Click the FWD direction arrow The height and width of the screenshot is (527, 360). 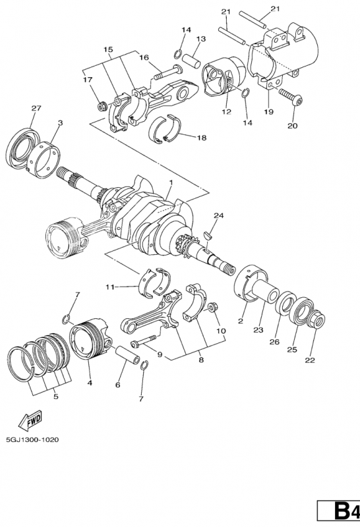coord(30,420)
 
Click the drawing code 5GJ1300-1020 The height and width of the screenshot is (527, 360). coord(32,439)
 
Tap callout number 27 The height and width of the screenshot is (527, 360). coord(36,108)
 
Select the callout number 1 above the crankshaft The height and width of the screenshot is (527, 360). coord(171,182)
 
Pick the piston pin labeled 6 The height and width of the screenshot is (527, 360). coord(128,354)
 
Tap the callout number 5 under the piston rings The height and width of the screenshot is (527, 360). coord(56,397)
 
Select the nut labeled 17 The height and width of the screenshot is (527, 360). coord(102,107)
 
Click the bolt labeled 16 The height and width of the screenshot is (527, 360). coord(168,72)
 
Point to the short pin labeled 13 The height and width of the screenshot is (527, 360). coord(191,60)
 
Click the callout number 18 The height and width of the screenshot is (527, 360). coord(202,138)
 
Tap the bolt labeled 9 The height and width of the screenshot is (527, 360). coord(144,341)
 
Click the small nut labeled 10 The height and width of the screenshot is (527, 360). coord(212,307)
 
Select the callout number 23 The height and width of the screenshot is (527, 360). coord(258,330)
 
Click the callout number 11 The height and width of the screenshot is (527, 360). coord(110,287)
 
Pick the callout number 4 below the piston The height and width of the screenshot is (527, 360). coord(90,383)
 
